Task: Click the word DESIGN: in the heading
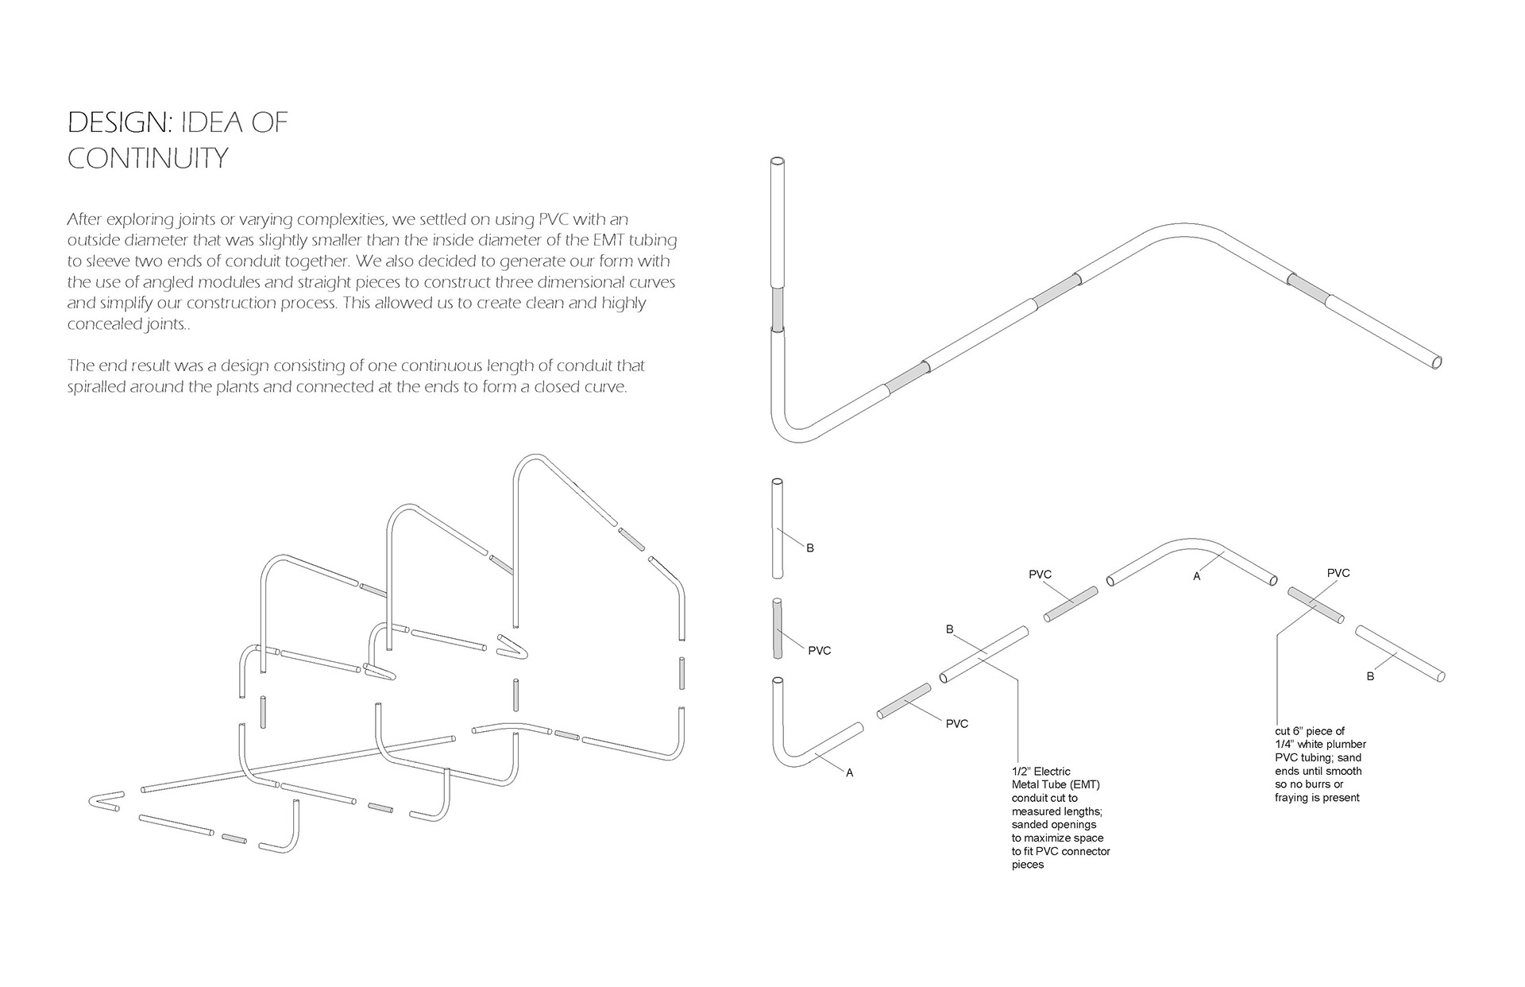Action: point(118,122)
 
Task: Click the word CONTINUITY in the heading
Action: point(148,158)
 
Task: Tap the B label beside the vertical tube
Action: point(810,548)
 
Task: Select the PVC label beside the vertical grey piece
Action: point(820,651)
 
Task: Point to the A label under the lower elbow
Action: point(850,772)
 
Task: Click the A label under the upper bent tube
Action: point(1197,576)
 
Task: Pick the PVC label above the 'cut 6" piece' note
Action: point(1338,573)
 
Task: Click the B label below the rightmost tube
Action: point(1370,676)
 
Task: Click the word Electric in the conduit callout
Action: point(1052,772)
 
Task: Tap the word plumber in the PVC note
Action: point(1347,745)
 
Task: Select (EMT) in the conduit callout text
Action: point(1083,785)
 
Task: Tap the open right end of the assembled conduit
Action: point(1436,362)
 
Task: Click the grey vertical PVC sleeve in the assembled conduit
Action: point(778,310)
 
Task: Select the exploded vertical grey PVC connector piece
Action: point(778,629)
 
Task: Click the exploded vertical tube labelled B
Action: point(778,528)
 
